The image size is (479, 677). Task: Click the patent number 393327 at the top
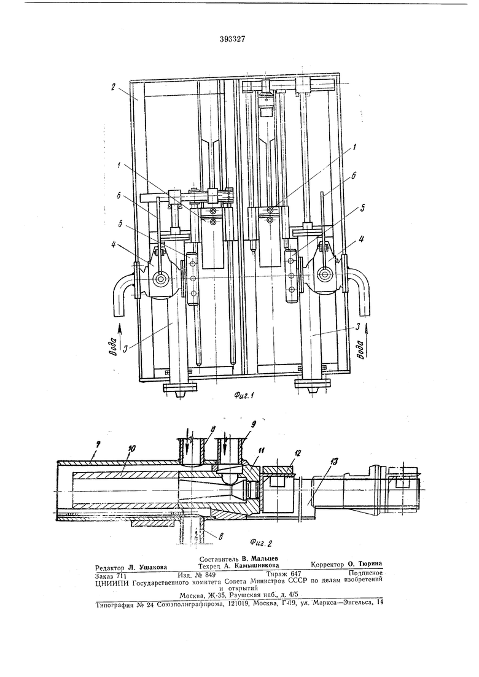(232, 39)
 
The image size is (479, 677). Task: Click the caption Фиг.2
(261, 542)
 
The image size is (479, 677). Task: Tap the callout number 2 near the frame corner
(112, 87)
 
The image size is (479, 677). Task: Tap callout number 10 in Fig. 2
(131, 449)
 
